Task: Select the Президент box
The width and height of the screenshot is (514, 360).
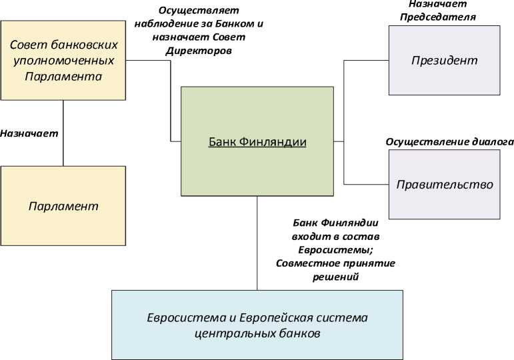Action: [444, 61]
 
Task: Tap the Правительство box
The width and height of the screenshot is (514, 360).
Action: [444, 184]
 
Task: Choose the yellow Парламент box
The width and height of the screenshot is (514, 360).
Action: [63, 205]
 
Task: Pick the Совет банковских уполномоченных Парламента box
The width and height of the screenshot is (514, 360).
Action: [63, 61]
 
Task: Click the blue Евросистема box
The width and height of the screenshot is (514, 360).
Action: [257, 323]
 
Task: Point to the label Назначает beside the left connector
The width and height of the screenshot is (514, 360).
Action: [29, 133]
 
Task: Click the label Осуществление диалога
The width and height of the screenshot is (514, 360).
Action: [450, 142]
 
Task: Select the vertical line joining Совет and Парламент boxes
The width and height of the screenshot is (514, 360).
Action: [63, 133]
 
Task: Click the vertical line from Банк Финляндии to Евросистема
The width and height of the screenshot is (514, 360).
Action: [257, 243]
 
